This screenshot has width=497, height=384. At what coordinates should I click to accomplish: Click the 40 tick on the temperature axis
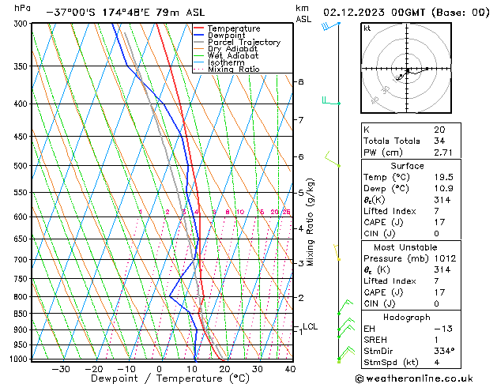click(290, 369)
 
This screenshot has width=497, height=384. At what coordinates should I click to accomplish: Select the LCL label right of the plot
click(310, 326)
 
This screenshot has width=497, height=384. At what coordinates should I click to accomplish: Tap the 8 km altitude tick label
click(300, 82)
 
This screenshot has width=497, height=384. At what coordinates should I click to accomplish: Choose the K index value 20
click(439, 130)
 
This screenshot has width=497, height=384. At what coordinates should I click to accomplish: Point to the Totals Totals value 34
click(439, 141)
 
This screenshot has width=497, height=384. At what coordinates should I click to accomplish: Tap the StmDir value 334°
click(443, 351)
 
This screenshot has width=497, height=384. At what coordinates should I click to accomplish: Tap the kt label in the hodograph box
click(367, 28)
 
